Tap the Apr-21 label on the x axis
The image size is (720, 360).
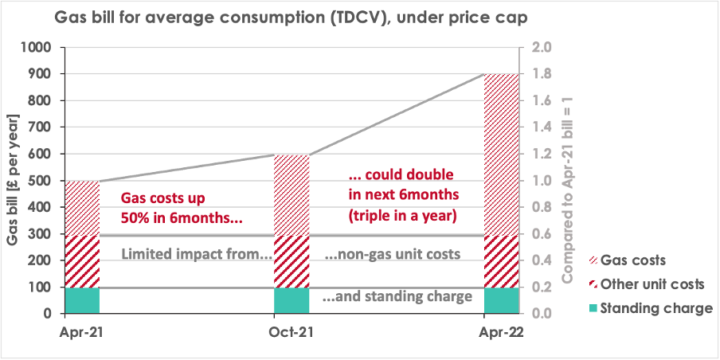(x=82, y=330)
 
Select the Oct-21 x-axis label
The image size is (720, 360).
(x=292, y=330)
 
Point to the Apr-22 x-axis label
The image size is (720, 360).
(x=502, y=330)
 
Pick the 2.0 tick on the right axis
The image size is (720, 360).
(x=541, y=48)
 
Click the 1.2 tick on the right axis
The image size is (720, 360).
(x=541, y=155)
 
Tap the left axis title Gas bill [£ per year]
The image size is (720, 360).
(x=11, y=180)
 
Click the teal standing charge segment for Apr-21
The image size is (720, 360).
(x=82, y=300)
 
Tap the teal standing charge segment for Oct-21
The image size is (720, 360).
(x=292, y=300)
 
